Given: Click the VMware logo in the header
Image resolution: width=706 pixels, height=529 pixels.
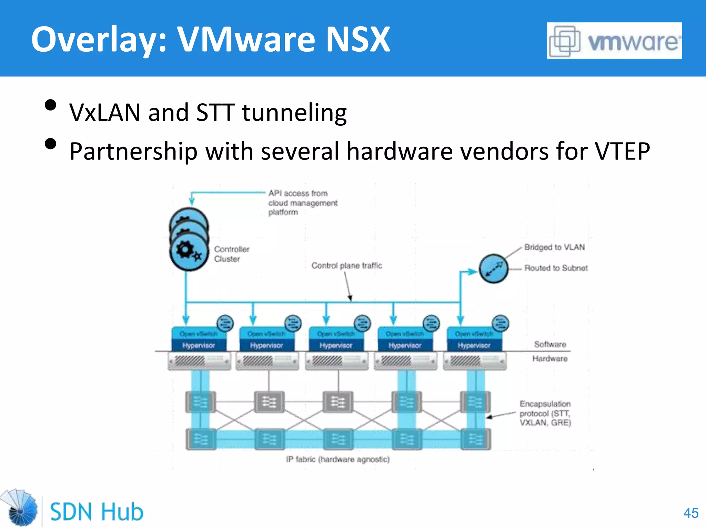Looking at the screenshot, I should [614, 41].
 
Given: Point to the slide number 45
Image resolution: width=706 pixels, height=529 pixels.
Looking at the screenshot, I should [691, 513].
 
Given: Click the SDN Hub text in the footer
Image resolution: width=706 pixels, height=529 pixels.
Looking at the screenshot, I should [97, 512].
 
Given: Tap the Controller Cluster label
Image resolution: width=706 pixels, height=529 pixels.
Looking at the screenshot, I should [231, 254].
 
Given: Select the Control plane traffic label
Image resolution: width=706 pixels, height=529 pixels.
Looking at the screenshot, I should [346, 266].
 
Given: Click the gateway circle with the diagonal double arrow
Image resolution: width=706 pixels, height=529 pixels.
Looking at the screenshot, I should [494, 269].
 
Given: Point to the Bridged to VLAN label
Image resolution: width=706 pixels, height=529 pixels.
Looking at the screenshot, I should [554, 247].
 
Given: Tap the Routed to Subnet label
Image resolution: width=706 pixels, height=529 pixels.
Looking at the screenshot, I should [556, 268].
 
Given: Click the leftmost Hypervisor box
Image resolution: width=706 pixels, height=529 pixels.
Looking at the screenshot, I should [199, 345].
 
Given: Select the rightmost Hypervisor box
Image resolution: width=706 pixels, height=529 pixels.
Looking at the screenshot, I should [474, 345].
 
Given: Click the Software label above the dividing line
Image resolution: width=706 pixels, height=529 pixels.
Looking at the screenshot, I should [550, 344].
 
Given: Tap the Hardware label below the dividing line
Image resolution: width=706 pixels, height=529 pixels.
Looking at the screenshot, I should [550, 359].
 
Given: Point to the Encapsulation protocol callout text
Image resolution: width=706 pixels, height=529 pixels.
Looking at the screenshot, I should [545, 413].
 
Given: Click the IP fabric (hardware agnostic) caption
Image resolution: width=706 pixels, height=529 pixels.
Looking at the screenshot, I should [338, 459].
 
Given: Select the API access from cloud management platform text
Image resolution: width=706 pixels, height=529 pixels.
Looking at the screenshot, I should [303, 203].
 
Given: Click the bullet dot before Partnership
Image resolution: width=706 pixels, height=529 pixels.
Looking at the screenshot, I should [51, 144].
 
